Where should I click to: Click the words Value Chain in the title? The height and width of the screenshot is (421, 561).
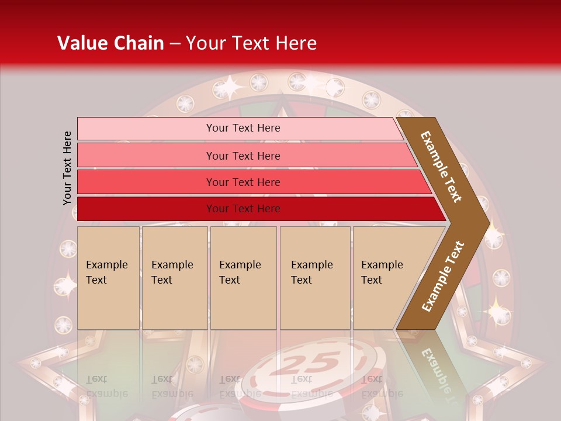[110, 43]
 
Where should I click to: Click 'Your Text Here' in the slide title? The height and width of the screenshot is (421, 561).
[251, 43]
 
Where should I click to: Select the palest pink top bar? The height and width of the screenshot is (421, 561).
[146, 129]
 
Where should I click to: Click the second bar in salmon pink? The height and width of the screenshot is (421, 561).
[146, 156]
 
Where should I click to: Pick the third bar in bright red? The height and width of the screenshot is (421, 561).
[146, 182]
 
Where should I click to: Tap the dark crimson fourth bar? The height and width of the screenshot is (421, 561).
[146, 209]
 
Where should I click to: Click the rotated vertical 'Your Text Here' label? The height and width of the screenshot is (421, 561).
[67, 168]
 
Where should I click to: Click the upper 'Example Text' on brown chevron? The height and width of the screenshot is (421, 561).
[441, 167]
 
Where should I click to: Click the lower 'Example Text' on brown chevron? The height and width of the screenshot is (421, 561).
[442, 277]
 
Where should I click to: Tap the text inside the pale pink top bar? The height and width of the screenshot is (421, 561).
[243, 128]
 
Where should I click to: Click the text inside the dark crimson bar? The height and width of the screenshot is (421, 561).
[243, 209]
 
